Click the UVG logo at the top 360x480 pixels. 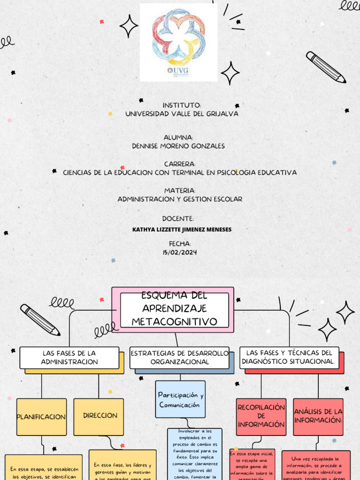179,42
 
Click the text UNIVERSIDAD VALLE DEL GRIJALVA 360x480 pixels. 181,114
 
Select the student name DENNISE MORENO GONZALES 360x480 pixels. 179,146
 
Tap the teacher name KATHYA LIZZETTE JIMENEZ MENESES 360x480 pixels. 182,230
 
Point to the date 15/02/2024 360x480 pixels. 180,253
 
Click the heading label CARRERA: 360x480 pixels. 180,164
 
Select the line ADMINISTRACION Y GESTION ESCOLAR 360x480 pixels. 180,199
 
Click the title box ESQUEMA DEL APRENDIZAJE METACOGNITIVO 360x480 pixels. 174,309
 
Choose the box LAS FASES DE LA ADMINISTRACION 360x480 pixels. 69,357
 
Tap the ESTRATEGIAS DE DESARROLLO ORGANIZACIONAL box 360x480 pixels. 180,357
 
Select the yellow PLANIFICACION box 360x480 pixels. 41,417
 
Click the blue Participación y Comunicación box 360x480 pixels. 180,400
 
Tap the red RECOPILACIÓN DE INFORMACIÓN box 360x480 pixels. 261,416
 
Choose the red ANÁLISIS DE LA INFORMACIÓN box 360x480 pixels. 318,416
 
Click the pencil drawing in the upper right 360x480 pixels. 326,67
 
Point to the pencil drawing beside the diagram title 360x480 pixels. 40,320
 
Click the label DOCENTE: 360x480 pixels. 178,219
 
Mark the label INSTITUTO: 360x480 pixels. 182,105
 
